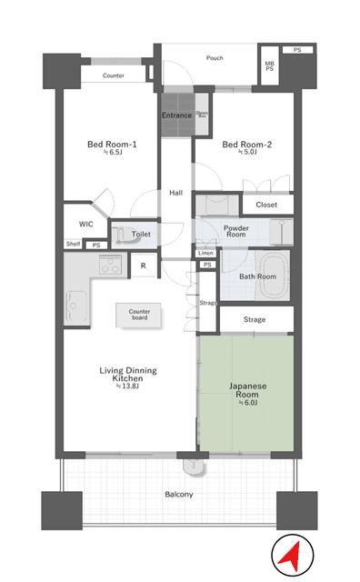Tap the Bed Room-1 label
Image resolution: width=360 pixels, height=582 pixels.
112,144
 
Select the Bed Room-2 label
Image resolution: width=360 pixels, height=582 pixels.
246,145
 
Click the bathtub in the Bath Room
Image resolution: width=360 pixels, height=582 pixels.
275,275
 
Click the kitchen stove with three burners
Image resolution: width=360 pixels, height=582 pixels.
110,265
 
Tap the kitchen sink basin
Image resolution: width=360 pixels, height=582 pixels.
76,306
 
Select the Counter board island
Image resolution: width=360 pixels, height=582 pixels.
139,316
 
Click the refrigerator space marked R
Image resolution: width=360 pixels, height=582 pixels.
144,266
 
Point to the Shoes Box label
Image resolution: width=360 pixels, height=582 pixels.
202,114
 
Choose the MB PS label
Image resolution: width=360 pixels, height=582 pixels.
269,66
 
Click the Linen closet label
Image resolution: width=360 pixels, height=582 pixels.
205,253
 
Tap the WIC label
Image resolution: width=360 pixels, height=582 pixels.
85,224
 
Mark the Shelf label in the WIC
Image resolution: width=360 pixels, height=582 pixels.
73,244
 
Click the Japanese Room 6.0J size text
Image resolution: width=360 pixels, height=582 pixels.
247,403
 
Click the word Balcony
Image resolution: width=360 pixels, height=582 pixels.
179,495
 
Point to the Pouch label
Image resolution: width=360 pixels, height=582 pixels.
215,58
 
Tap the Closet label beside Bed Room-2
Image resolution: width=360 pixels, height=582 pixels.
266,205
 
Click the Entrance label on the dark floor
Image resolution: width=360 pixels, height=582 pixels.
176,115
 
